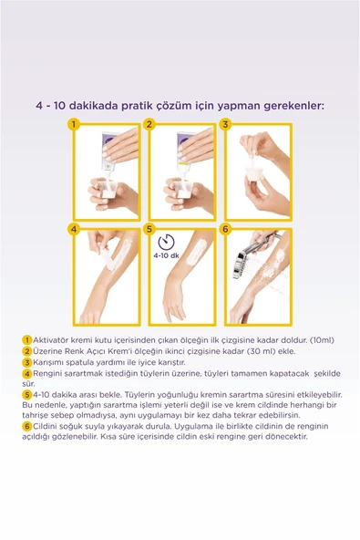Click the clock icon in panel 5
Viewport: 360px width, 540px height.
click(x=166, y=244)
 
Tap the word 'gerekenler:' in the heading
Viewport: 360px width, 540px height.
click(x=289, y=106)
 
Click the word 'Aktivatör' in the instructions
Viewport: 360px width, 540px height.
click(x=52, y=338)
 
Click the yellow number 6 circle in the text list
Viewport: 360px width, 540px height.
click(x=26, y=426)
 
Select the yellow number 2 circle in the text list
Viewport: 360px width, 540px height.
click(x=26, y=350)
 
